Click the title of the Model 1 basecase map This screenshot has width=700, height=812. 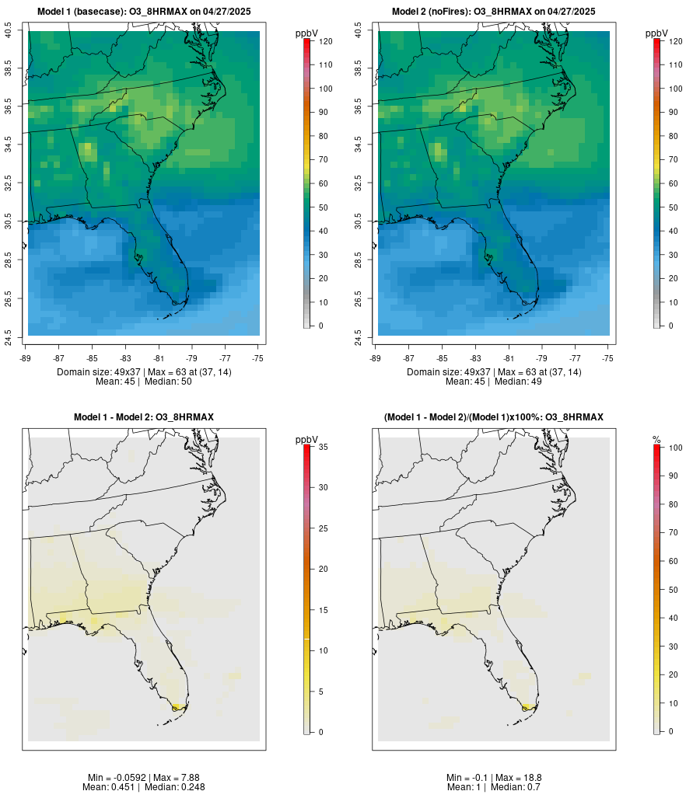click(144, 12)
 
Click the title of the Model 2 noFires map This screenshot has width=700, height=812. click(494, 12)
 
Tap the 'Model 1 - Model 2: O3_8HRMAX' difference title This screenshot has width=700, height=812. click(144, 417)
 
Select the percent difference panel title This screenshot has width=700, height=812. click(494, 417)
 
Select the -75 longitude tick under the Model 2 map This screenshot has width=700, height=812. click(607, 358)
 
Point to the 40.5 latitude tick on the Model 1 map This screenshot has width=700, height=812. click(9, 31)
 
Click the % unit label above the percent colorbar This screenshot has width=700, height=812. click(656, 440)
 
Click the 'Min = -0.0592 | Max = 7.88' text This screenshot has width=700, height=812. click(144, 778)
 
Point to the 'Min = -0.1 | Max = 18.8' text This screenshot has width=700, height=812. click(494, 778)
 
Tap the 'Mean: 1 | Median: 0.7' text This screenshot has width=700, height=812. click(494, 787)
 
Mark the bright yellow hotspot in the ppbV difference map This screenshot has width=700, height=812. click(177, 706)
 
